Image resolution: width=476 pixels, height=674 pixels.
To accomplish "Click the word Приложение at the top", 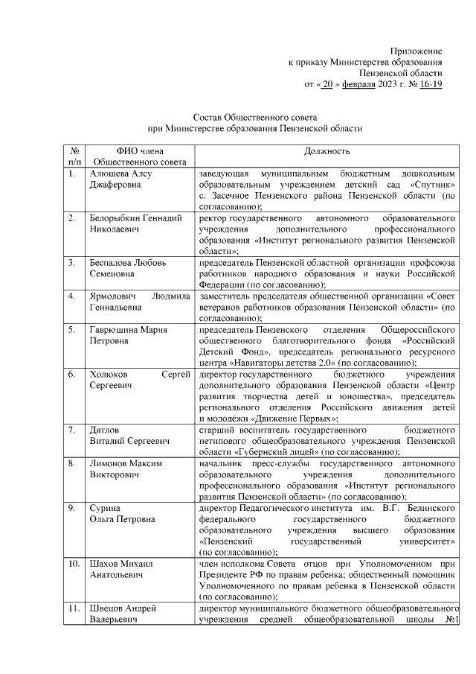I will [419, 51].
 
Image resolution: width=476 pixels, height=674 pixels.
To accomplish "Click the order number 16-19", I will [431, 85].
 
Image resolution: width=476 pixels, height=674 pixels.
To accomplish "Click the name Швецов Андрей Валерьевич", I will [123, 614].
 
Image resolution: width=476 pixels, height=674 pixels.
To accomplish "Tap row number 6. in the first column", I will [71, 375].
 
